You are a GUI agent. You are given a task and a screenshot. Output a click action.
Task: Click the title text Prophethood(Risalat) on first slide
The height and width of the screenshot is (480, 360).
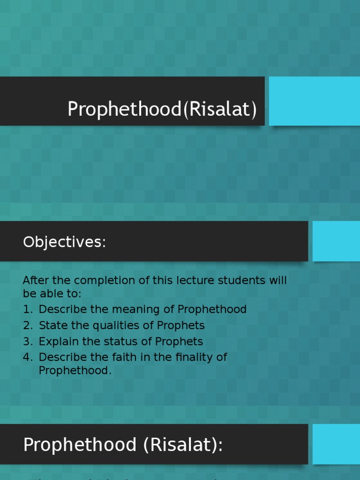click(162, 109)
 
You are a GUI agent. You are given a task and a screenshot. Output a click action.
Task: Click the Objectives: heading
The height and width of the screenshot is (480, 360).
click(65, 242)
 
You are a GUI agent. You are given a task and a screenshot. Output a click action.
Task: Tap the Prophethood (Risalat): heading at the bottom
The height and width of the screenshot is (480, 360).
click(123, 444)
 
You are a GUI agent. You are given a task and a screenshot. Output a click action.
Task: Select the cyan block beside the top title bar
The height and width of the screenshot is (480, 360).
click(314, 101)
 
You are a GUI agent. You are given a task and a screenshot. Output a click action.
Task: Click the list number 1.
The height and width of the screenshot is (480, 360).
click(27, 309)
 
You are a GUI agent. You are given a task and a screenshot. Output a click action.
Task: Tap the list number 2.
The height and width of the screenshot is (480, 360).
click(27, 325)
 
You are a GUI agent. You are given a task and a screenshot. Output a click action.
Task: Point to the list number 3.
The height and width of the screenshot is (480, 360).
click(27, 341)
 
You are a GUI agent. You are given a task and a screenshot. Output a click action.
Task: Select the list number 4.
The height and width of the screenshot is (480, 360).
click(27, 357)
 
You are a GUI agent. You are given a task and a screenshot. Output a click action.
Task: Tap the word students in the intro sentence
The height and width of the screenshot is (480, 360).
click(240, 281)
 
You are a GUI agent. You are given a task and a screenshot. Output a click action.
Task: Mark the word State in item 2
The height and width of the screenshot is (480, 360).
click(50, 325)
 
